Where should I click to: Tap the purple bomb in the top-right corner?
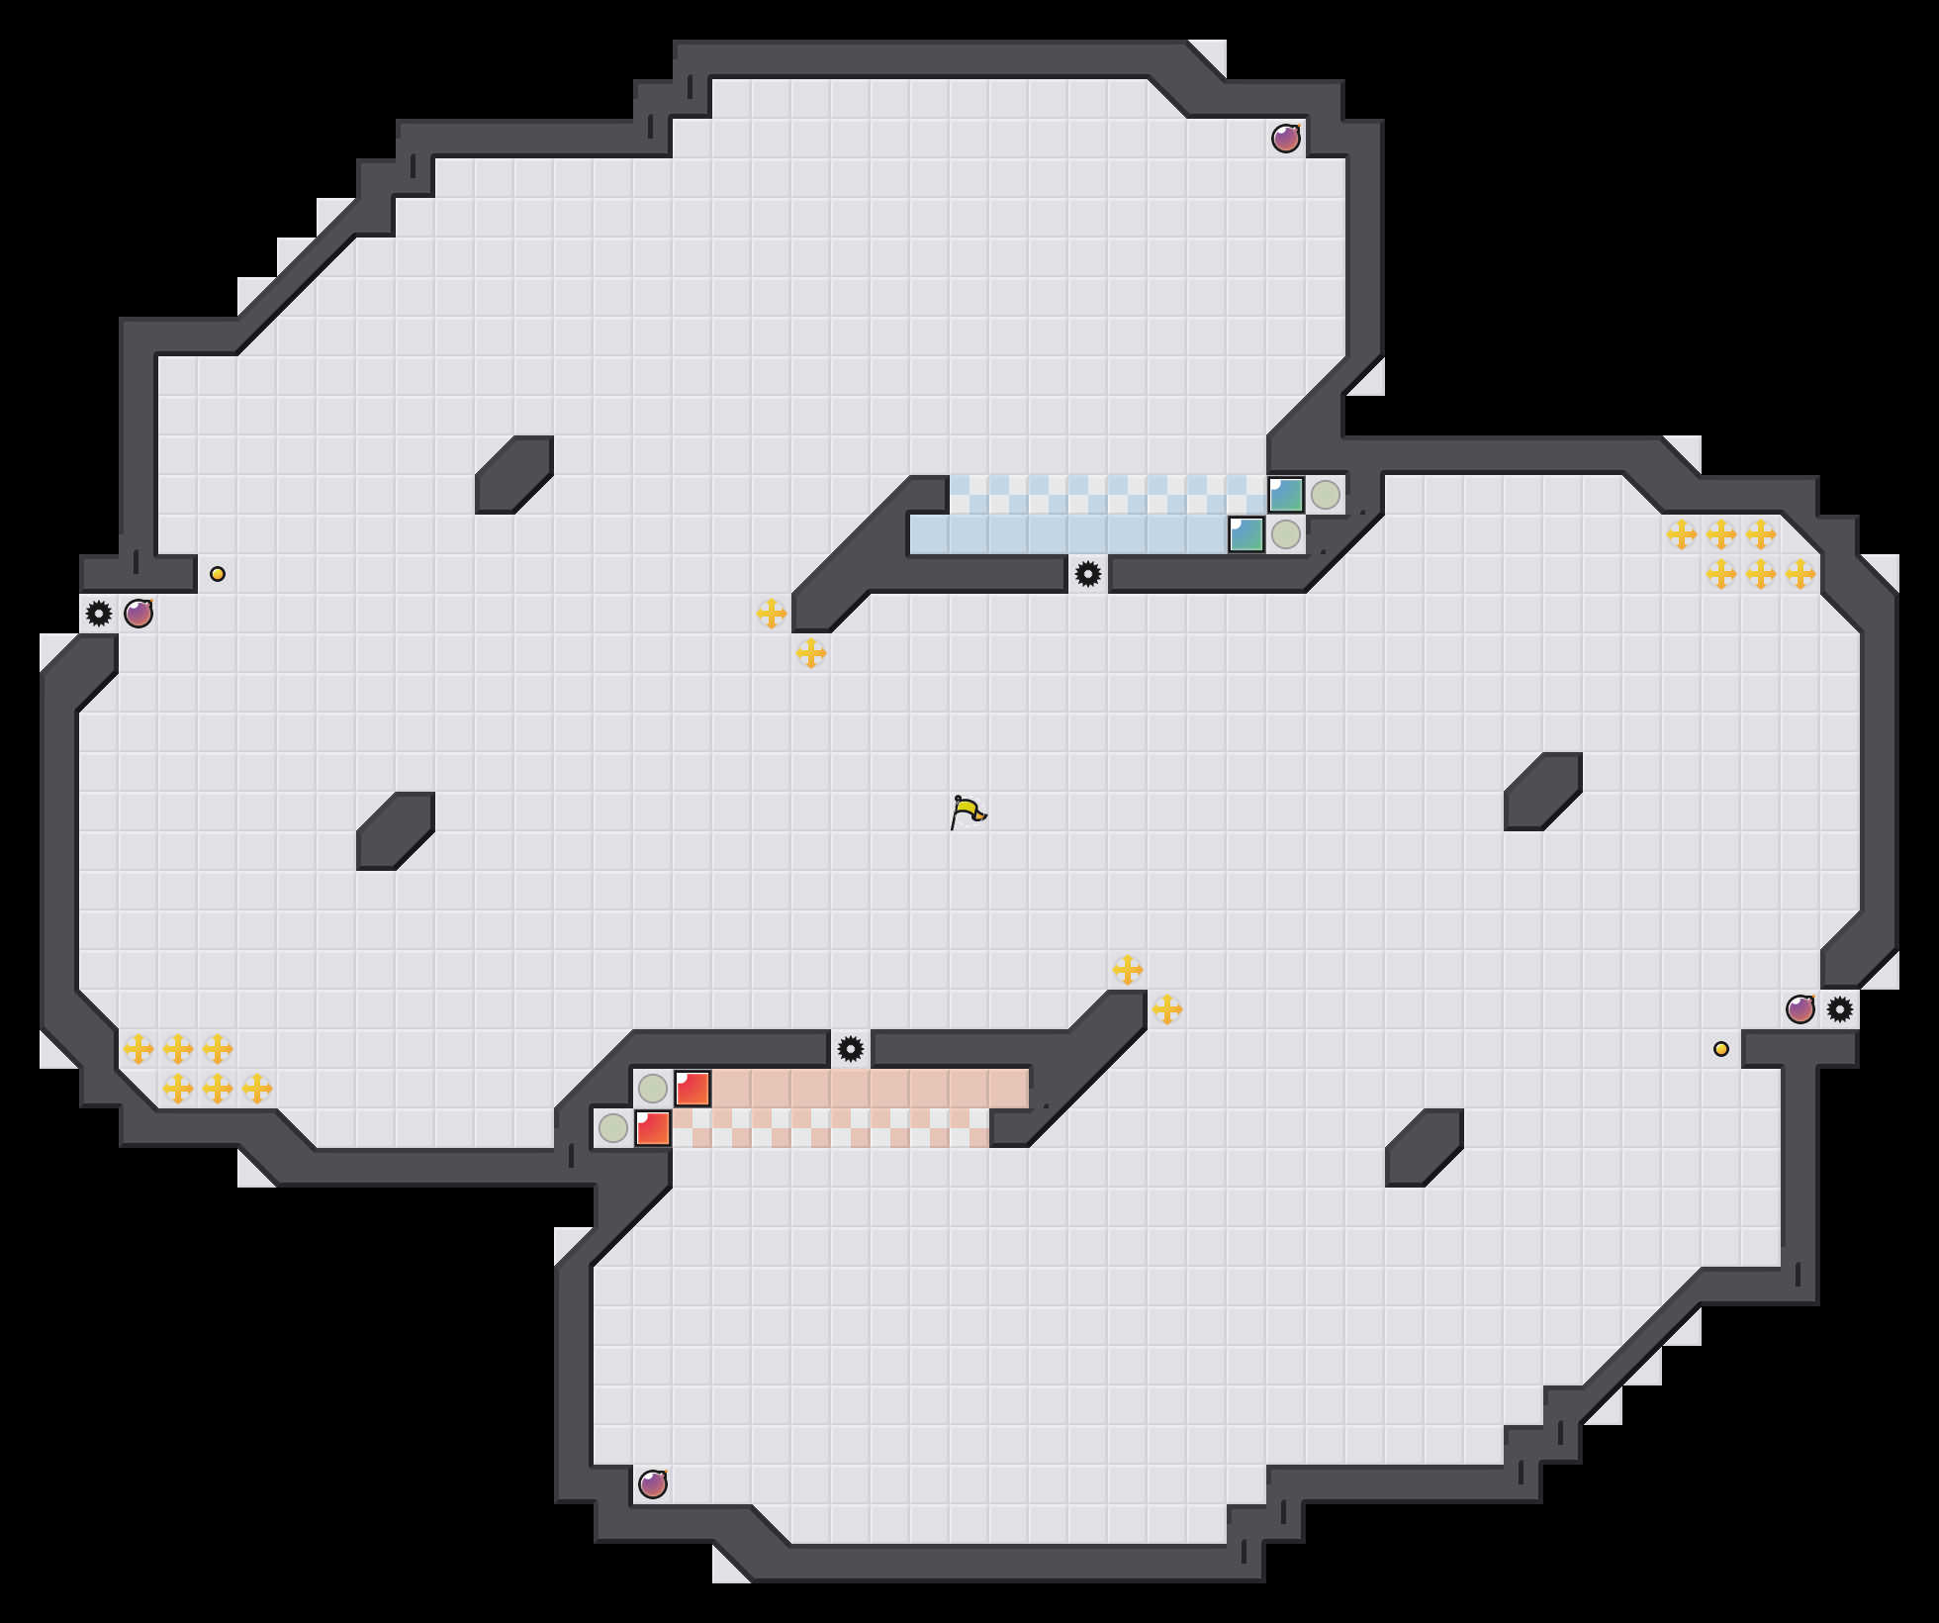click(x=1285, y=139)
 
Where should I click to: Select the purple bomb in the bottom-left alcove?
click(x=652, y=1484)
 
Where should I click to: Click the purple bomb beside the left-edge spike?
click(x=138, y=614)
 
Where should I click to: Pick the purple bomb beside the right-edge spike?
click(x=1800, y=1009)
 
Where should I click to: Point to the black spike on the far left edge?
click(x=99, y=614)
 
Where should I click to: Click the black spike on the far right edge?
click(x=1840, y=1009)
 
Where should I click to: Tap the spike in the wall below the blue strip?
click(x=1088, y=574)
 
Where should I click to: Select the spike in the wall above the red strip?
click(x=851, y=1049)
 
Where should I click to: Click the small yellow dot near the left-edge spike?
click(x=218, y=574)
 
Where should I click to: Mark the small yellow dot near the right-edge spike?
click(x=1721, y=1049)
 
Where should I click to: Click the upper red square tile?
click(x=692, y=1089)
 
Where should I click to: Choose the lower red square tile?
click(x=653, y=1128)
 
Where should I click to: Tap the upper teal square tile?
click(x=1286, y=495)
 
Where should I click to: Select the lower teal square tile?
click(x=1246, y=534)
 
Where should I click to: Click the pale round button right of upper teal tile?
click(x=1326, y=495)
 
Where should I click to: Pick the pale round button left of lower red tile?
click(x=613, y=1128)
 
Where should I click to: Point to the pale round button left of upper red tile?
click(x=653, y=1089)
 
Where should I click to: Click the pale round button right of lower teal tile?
click(x=1286, y=534)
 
